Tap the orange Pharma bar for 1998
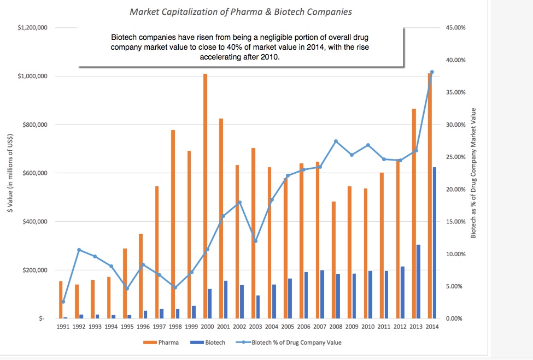(x=173, y=224)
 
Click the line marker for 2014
(x=432, y=72)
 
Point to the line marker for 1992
(x=79, y=250)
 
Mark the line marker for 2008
(x=336, y=141)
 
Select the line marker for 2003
(x=255, y=241)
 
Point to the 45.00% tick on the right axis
(x=455, y=27)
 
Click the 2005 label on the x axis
(x=287, y=327)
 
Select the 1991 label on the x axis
(x=63, y=327)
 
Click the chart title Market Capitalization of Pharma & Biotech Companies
(x=241, y=11)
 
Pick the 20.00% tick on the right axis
(x=455, y=189)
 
